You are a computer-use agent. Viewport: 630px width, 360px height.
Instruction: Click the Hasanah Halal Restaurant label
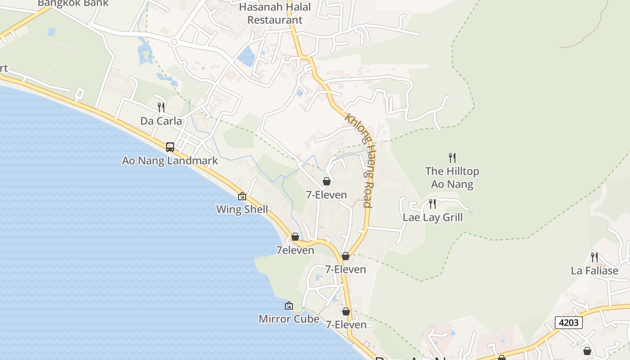point(275,13)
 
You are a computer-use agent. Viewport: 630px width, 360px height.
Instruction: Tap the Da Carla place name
point(161,121)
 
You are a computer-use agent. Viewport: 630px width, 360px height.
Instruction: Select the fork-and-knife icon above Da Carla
point(161,107)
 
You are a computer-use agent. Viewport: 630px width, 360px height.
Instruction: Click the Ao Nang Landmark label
point(170,161)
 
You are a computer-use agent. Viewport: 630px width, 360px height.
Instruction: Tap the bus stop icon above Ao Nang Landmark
point(170,147)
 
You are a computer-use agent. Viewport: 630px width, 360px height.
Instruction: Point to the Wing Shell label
point(242,209)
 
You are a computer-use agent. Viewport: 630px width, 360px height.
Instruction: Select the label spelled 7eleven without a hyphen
point(295,250)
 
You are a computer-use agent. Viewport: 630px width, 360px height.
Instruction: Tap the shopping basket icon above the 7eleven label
point(295,237)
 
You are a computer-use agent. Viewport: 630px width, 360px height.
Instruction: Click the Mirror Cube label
point(289,319)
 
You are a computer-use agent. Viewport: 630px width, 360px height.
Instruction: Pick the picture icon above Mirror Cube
point(289,306)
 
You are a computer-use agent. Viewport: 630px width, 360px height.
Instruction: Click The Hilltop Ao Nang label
point(452,178)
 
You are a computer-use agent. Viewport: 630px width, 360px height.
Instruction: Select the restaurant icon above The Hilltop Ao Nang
point(452,157)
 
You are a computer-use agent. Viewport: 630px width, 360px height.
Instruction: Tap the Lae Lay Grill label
point(432,217)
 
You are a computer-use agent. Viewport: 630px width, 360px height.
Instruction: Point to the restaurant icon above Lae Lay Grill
point(432,204)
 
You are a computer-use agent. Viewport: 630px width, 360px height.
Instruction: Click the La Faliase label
point(594,271)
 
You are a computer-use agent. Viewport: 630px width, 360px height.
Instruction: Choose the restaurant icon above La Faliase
point(594,257)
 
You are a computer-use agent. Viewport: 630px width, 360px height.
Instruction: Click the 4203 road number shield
point(568,323)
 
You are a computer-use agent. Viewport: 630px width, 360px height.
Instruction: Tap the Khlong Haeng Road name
point(360,160)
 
